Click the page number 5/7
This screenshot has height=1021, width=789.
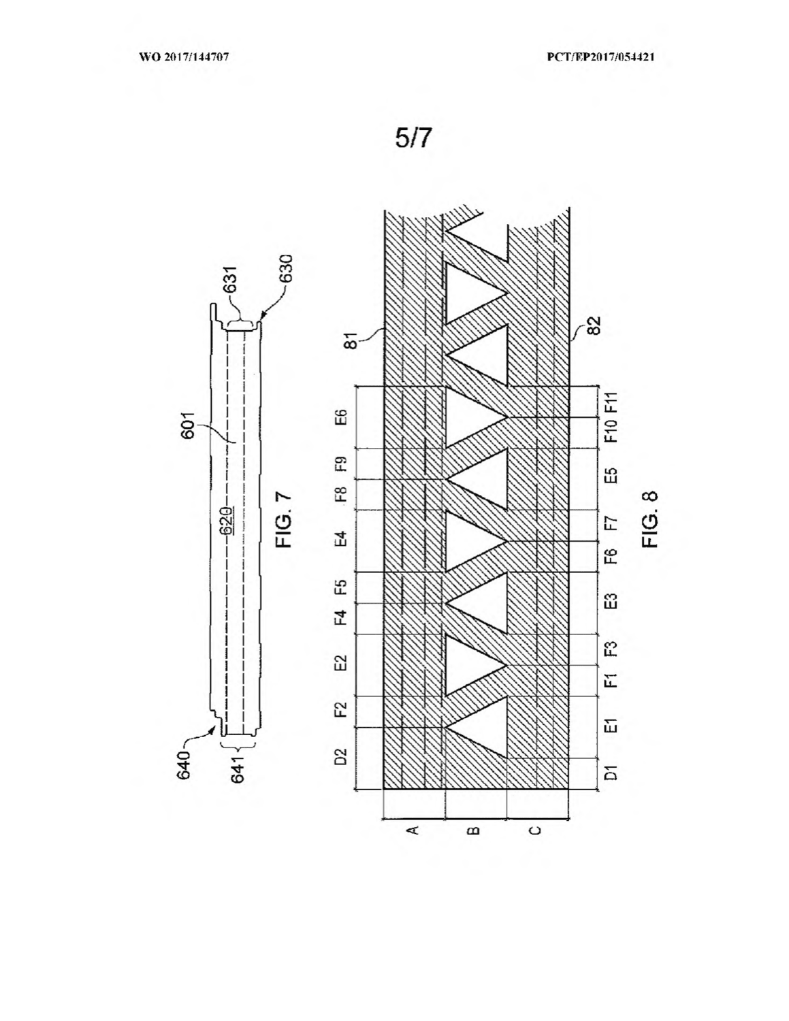coord(413,138)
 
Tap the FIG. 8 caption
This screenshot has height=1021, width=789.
coord(650,519)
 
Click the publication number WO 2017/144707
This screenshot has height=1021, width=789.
coord(184,57)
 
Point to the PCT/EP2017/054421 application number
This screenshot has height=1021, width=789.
coord(601,57)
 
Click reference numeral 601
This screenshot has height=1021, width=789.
coord(187,425)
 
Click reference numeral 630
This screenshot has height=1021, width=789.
coord(286,268)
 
